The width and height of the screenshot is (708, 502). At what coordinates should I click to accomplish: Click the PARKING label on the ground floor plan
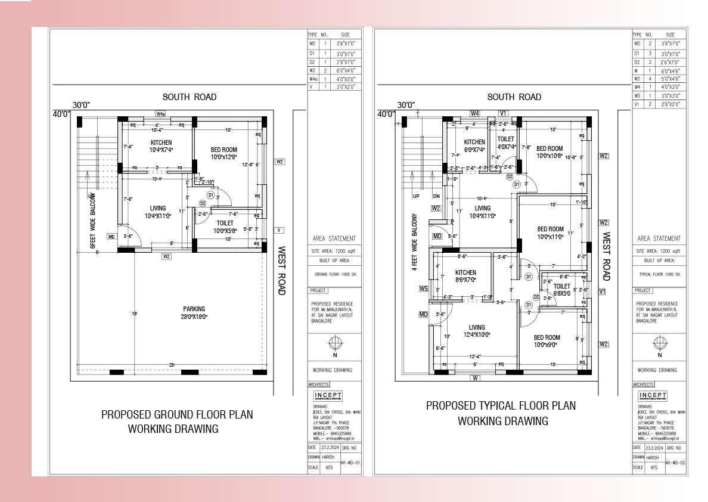(194, 309)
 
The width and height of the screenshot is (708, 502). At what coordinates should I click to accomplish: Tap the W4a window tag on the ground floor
(160, 113)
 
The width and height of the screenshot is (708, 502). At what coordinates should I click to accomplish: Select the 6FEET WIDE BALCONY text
(92, 220)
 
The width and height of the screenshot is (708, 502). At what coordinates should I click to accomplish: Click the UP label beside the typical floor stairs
(416, 196)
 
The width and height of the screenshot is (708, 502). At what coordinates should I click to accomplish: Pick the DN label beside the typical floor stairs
(436, 196)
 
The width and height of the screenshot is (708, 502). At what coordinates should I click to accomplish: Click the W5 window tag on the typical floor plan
(423, 289)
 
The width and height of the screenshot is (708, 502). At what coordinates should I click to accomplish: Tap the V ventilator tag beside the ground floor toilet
(279, 230)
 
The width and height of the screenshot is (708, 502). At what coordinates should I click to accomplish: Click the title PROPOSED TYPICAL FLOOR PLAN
(501, 405)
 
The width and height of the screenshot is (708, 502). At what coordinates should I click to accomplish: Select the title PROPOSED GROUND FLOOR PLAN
(177, 414)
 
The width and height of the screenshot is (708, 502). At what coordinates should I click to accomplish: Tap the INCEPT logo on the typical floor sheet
(653, 396)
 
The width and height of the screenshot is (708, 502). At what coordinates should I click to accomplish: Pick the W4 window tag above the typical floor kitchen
(475, 113)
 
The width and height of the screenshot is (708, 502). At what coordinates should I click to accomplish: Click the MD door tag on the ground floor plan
(111, 237)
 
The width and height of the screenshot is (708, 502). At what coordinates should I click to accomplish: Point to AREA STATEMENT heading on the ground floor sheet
(334, 238)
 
